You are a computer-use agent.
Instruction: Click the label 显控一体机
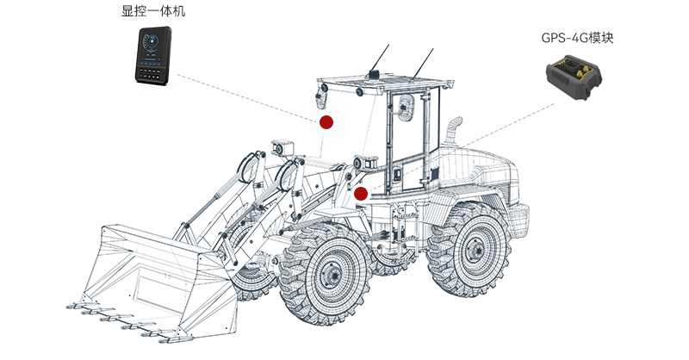(x=153, y=11)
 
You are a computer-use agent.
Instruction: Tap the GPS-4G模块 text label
(x=577, y=38)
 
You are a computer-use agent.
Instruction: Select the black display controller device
(x=153, y=55)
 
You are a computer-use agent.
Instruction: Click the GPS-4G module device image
(x=574, y=77)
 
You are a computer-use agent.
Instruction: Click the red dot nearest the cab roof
(x=326, y=122)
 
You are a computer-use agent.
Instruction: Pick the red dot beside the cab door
(x=361, y=194)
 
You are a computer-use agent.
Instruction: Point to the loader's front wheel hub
(x=333, y=276)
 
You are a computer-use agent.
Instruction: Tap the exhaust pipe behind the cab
(x=453, y=131)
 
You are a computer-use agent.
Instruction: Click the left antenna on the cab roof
(x=379, y=59)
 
